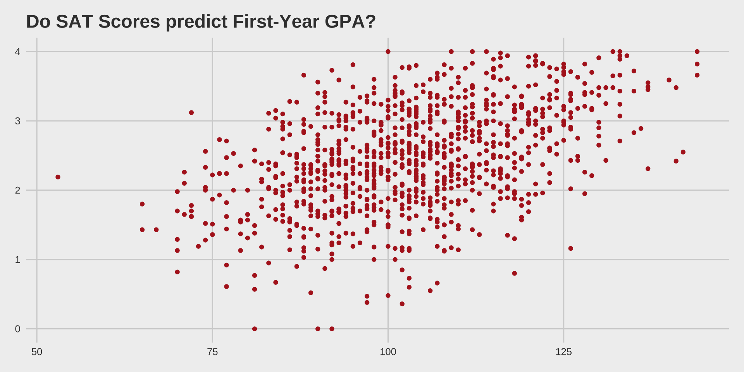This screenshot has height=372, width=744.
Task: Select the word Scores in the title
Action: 129,22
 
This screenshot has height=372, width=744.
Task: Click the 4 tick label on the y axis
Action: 17,52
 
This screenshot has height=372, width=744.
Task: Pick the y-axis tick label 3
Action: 17,121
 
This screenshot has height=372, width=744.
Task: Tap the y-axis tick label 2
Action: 17,191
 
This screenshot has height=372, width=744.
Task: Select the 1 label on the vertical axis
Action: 17,260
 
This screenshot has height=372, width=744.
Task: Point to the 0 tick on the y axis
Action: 17,329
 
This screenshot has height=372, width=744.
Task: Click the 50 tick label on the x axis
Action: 37,352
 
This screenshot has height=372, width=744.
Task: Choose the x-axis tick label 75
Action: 212,352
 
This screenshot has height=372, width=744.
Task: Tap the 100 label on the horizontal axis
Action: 388,352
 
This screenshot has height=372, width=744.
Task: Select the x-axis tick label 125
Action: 563,352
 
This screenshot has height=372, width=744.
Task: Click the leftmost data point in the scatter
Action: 58,177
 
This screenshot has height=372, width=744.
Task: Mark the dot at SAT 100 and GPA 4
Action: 388,52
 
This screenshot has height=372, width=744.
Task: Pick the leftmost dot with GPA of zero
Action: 255,329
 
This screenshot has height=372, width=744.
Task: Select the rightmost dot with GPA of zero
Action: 332,329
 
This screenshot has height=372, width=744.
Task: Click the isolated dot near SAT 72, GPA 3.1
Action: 191,113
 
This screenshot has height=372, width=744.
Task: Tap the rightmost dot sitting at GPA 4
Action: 697,52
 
